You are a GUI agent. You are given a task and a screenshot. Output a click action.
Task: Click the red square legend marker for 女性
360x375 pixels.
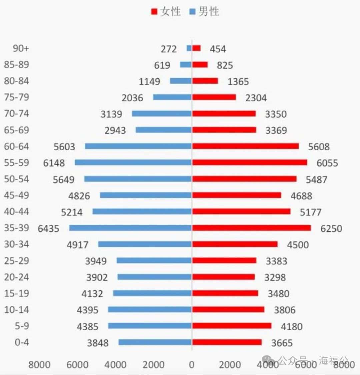pyautogui.click(x=154, y=12)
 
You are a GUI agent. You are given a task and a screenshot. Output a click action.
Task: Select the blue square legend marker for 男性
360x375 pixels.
pyautogui.click(x=192, y=12)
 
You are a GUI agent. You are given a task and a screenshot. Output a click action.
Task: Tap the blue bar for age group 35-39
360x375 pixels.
pyautogui.click(x=130, y=228)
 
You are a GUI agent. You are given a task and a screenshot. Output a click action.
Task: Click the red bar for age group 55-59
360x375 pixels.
pyautogui.click(x=249, y=162)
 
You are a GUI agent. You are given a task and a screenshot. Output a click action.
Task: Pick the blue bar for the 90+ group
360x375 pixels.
pyautogui.click(x=189, y=48)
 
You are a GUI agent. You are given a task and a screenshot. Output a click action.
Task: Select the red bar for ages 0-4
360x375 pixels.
pyautogui.click(x=227, y=342)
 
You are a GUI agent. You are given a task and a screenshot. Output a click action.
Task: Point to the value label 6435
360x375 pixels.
pyautogui.click(x=48, y=229)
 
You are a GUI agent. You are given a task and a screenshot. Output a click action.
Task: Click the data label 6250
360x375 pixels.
pyautogui.click(x=331, y=229)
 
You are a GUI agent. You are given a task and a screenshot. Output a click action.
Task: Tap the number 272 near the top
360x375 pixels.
pyautogui.click(x=169, y=49)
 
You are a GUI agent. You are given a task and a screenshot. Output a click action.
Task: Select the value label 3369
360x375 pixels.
pyautogui.click(x=276, y=130)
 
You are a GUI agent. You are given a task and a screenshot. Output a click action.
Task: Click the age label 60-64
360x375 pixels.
pyautogui.click(x=16, y=146)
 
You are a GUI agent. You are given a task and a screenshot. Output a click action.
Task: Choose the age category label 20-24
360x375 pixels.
pyautogui.click(x=16, y=277)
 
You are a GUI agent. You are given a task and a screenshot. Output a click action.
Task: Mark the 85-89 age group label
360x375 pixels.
pyautogui.click(x=16, y=64)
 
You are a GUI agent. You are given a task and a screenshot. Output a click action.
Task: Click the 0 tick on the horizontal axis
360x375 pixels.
pyautogui.click(x=192, y=365)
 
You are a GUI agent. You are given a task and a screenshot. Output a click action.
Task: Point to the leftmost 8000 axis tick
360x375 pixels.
pyautogui.click(x=39, y=365)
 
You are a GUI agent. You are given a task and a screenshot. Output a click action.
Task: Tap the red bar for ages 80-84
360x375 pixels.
pyautogui.click(x=205, y=81)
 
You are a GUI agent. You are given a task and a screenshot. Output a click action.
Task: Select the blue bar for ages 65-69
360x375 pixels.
pyautogui.click(x=164, y=130)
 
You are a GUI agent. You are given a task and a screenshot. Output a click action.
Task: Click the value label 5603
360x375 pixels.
pyautogui.click(x=64, y=147)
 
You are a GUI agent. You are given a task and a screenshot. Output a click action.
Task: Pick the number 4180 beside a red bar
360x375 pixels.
pyautogui.click(x=292, y=326)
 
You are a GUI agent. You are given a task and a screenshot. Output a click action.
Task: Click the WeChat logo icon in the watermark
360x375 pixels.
pyautogui.click(x=268, y=360)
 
